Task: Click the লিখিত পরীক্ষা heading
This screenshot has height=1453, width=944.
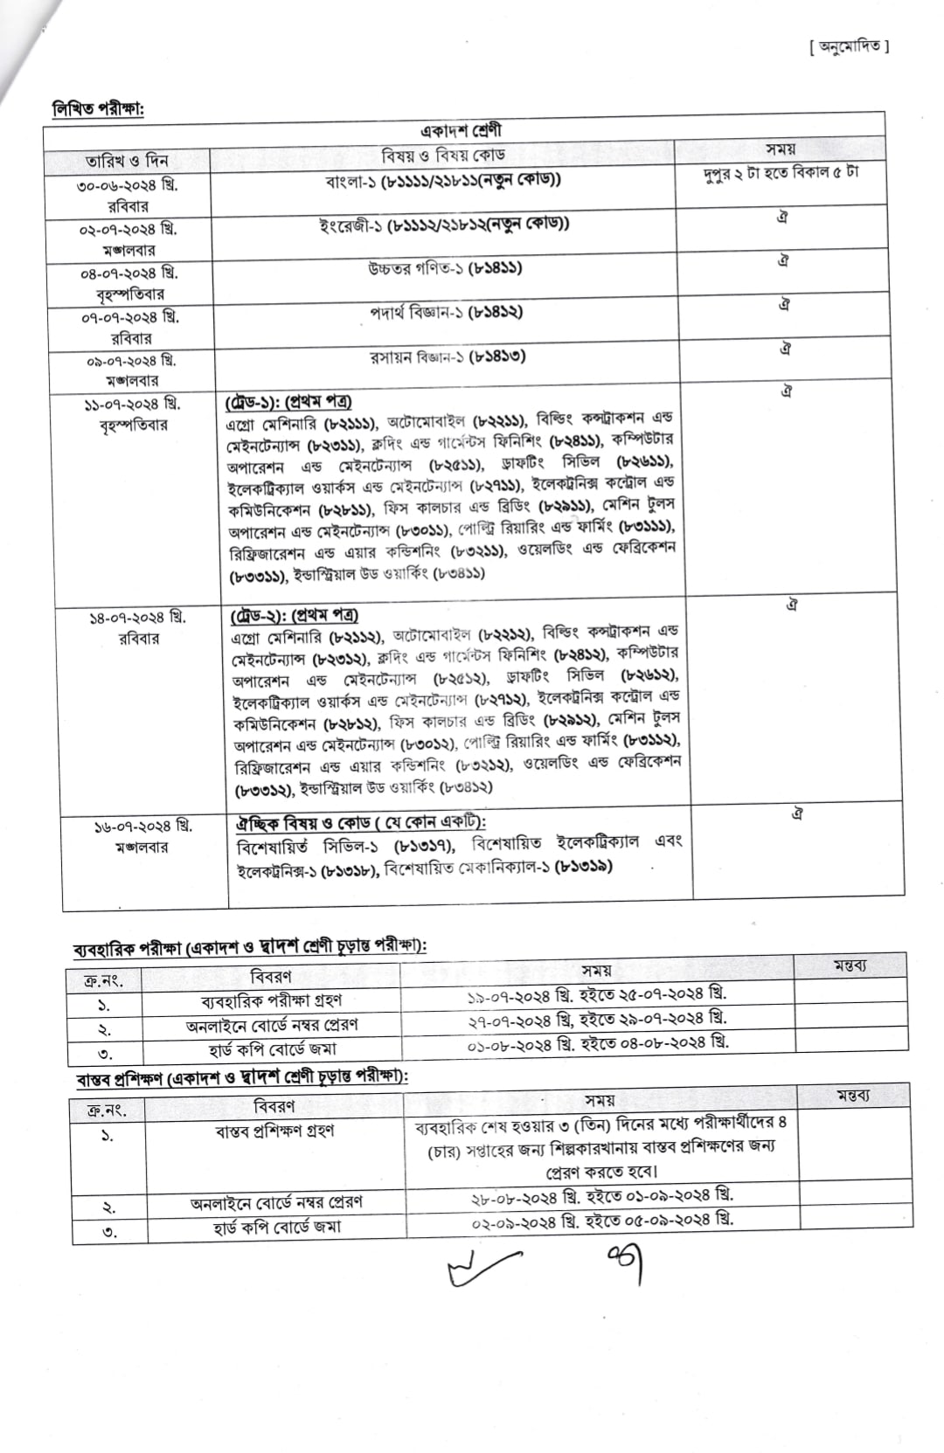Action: pos(98,108)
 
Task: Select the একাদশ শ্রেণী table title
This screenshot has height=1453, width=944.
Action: pos(461,131)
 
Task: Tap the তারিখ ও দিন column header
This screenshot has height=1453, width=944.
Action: pos(127,161)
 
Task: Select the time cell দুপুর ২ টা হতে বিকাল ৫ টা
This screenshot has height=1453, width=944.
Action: pos(781,172)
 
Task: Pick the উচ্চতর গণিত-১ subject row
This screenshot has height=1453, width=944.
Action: pos(445,268)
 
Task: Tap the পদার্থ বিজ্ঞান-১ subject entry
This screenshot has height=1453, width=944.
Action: pos(446,313)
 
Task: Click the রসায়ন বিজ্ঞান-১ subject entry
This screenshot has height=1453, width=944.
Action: pos(447,357)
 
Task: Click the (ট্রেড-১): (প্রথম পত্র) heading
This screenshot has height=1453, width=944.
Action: pos(288,401)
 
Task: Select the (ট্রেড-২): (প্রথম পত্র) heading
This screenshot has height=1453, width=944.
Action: pos(295,615)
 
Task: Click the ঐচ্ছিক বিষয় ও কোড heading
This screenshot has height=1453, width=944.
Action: pos(360,822)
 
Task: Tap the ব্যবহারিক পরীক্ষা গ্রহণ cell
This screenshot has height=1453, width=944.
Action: pos(271,1000)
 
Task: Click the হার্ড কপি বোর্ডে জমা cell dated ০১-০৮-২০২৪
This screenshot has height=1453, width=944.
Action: pos(272,1049)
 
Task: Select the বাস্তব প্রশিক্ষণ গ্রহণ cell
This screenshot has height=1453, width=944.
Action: pos(274,1131)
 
